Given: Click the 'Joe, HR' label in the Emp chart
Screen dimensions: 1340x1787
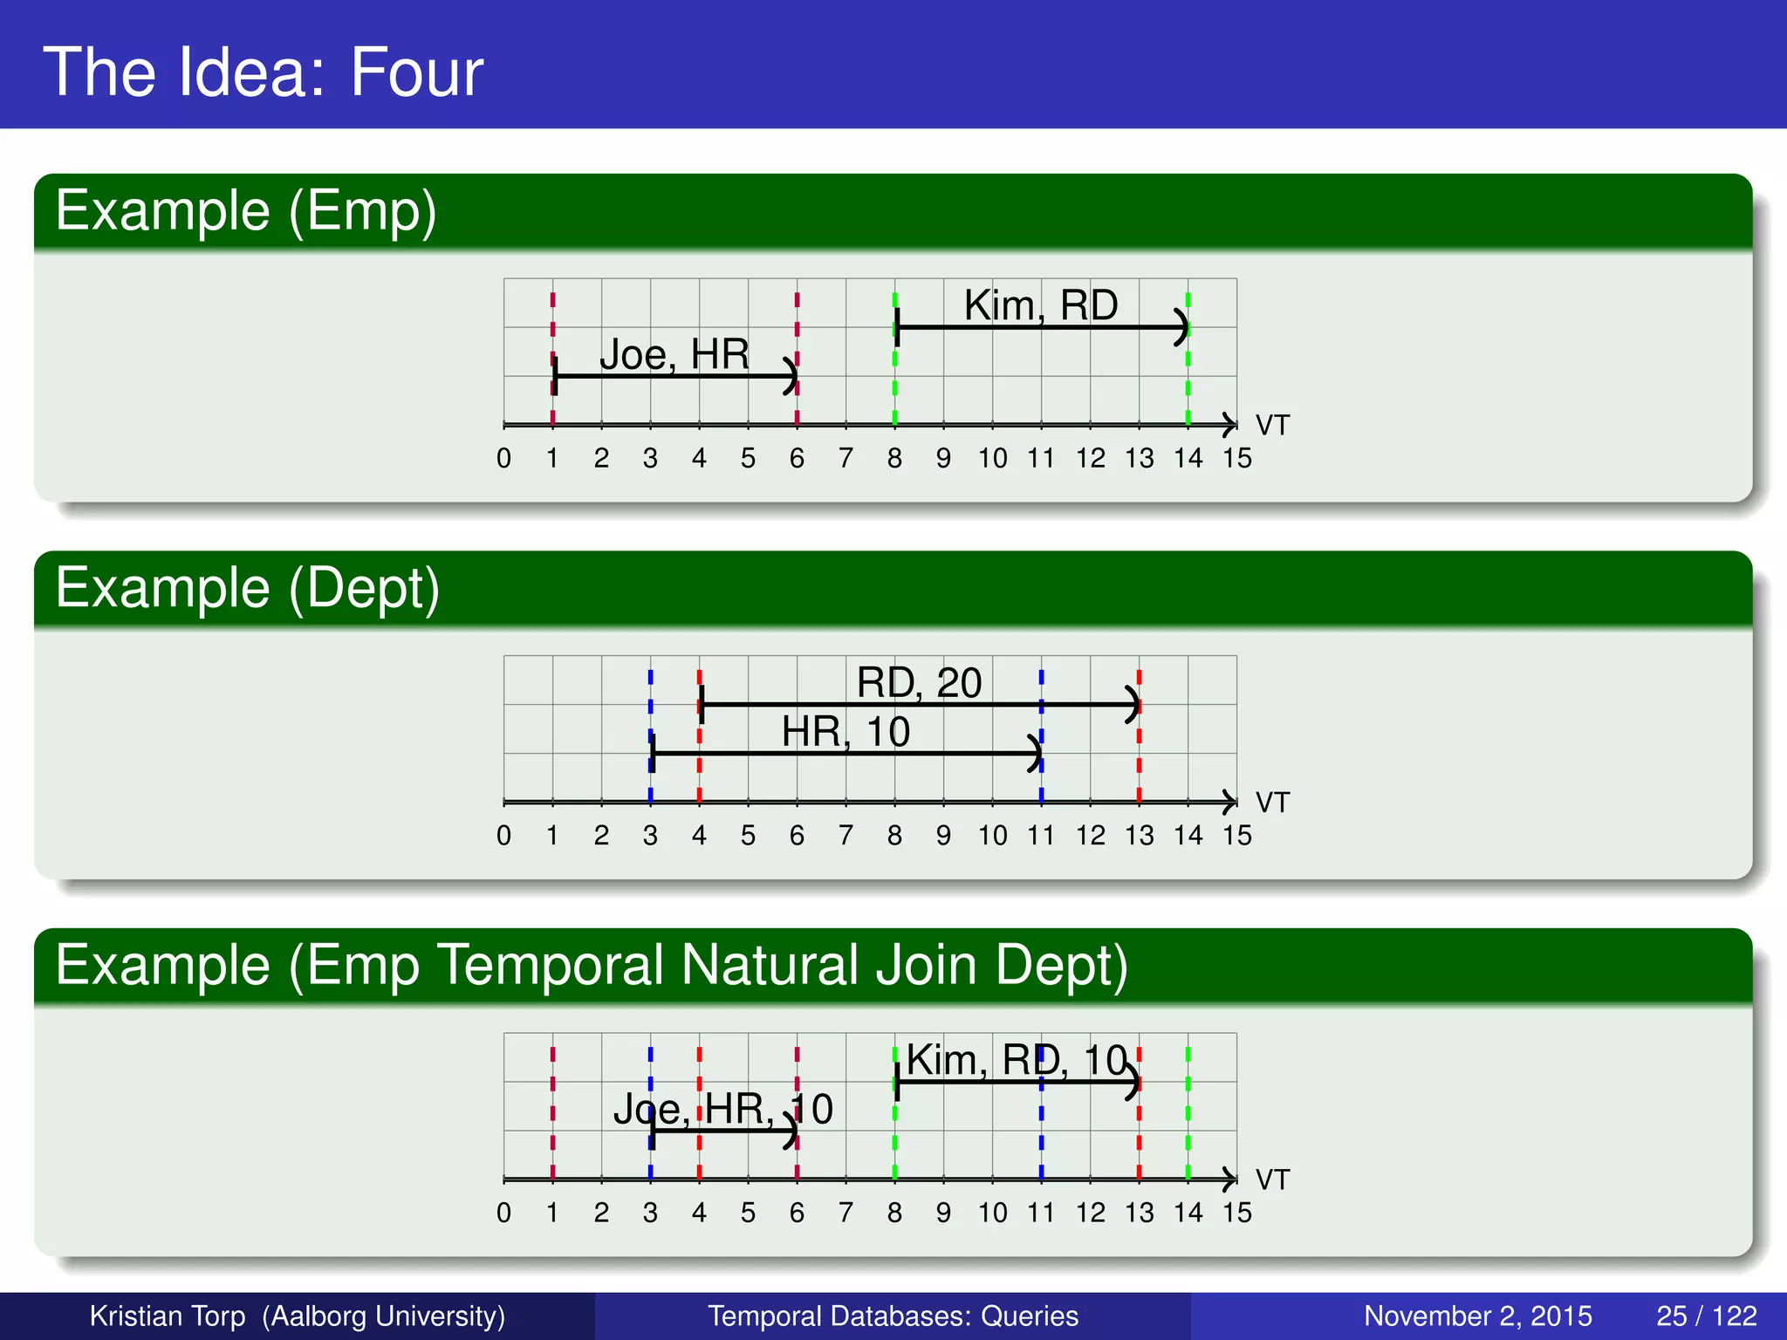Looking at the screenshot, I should point(674,354).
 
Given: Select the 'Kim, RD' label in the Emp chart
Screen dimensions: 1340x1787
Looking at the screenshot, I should point(1040,305).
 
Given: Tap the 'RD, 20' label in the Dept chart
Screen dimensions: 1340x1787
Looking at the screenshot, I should point(919,682).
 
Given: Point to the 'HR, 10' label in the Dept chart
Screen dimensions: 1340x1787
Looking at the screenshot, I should point(845,731).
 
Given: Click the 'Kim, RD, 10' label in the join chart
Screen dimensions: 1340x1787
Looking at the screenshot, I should point(1017,1060).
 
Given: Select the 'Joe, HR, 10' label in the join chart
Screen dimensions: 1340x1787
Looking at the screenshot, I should point(722,1109).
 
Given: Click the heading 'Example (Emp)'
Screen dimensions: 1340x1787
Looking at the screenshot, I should point(245,211).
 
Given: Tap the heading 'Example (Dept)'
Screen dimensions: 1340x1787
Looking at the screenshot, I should point(247,588).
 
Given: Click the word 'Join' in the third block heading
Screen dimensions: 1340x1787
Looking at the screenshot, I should point(925,965).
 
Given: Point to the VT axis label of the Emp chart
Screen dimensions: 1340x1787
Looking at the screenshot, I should point(1271,426).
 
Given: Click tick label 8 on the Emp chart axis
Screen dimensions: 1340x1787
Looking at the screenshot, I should point(894,459).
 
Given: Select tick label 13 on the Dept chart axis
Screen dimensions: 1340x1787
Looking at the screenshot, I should point(1139,836).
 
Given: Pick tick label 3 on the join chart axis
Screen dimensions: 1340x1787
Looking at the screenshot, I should point(650,1213).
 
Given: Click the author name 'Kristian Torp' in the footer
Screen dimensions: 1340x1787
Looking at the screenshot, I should point(168,1316).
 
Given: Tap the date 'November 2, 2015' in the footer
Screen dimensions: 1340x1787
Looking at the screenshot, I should point(1477,1316).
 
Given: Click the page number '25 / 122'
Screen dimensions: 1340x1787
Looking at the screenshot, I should point(1706,1316).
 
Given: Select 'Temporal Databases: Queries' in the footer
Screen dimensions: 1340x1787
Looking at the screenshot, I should point(893,1316).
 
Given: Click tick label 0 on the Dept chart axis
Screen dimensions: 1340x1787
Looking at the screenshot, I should point(503,836).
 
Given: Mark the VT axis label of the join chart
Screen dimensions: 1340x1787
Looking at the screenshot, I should point(1271,1179).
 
